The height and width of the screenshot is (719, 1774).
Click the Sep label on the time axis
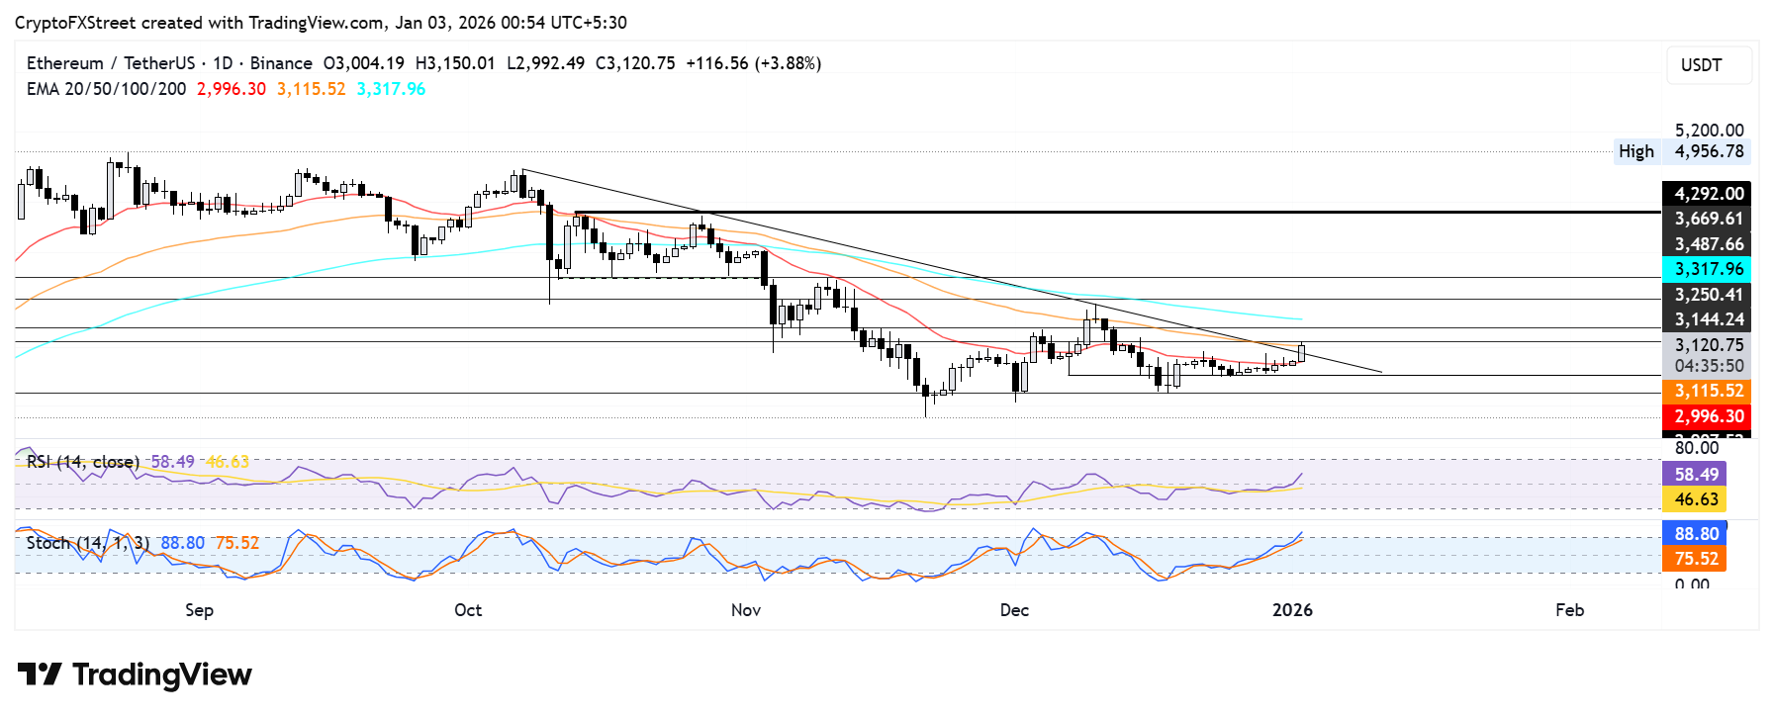[x=199, y=610]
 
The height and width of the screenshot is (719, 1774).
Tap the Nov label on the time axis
[x=746, y=610]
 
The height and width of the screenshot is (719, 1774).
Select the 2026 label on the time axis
[x=1292, y=610]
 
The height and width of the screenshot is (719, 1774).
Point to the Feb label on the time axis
[x=1569, y=610]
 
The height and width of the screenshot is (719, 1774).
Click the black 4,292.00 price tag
[x=1708, y=194]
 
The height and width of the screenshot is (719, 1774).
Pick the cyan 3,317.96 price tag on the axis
[x=1708, y=269]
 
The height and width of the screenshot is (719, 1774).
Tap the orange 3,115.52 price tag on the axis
[x=1708, y=392]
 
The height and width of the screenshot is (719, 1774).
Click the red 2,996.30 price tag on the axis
[x=1708, y=416]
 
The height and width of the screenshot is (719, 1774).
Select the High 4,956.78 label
[x=1682, y=151]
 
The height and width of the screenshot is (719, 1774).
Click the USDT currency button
[x=1708, y=65]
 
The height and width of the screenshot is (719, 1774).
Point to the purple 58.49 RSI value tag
[x=1696, y=475]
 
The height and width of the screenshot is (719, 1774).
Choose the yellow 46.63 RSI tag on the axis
[x=1696, y=499]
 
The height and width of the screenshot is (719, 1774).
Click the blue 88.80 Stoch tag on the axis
[x=1696, y=534]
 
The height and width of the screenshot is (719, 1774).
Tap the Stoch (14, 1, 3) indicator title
[x=88, y=543]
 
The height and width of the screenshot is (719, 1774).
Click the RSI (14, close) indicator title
[x=83, y=462]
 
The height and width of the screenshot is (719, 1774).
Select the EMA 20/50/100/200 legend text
[x=106, y=89]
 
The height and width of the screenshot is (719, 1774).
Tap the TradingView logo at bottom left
[x=135, y=674]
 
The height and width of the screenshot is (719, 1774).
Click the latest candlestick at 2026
[x=1302, y=352]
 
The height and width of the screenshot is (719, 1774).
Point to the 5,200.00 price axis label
[x=1709, y=131]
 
